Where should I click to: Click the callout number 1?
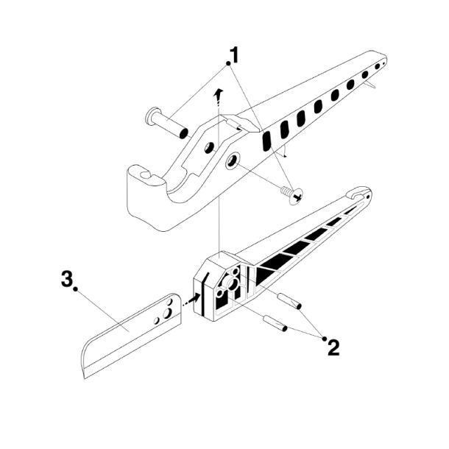point(234,54)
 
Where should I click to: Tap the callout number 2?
point(333,347)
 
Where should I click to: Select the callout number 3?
point(67,280)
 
